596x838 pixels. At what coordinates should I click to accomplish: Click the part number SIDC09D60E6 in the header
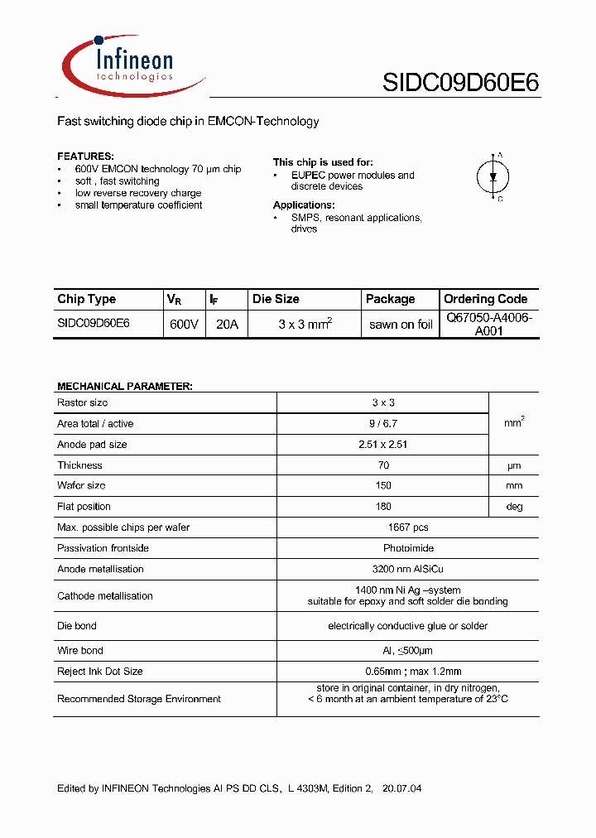pyautogui.click(x=460, y=83)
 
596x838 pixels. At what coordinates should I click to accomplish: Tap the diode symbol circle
pyautogui.click(x=494, y=176)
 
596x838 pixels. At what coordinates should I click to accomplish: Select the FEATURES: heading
pyautogui.click(x=85, y=157)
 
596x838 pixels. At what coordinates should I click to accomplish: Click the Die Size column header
pyautogui.click(x=276, y=299)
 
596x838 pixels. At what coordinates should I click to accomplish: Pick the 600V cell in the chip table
pyautogui.click(x=184, y=325)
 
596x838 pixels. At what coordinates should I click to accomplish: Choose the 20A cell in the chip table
pyautogui.click(x=227, y=325)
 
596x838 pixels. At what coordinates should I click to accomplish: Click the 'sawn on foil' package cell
pyautogui.click(x=401, y=325)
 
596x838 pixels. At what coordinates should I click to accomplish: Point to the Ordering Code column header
pyautogui.click(x=485, y=299)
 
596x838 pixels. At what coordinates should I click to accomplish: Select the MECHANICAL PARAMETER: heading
pyautogui.click(x=124, y=386)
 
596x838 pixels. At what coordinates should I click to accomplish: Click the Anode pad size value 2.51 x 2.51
pyautogui.click(x=383, y=445)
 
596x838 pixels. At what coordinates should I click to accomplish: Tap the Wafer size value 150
pyautogui.click(x=383, y=486)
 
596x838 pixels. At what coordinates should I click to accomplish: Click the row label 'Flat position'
pyautogui.click(x=84, y=507)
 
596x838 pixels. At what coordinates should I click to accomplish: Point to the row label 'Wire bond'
pyautogui.click(x=80, y=651)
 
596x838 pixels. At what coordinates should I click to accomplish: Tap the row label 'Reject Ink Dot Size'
pyautogui.click(x=100, y=672)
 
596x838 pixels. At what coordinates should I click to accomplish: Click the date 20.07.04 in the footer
pyautogui.click(x=402, y=788)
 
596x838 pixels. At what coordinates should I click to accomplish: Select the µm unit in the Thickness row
pyautogui.click(x=514, y=465)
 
